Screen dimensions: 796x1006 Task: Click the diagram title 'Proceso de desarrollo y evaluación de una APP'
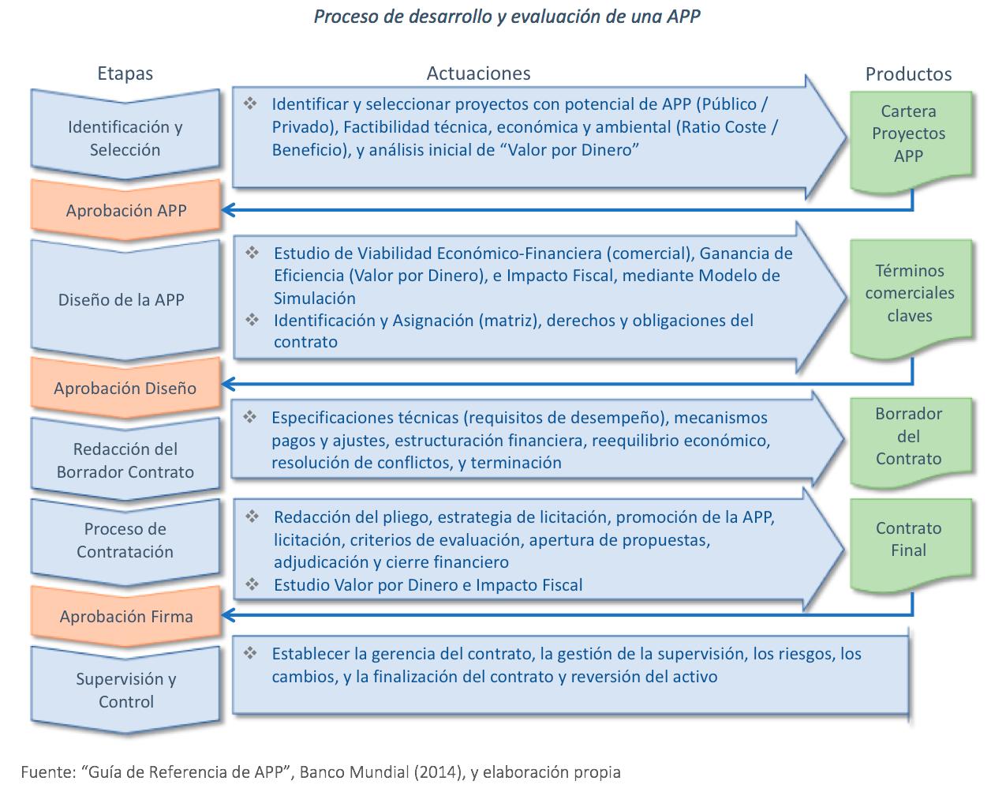(507, 17)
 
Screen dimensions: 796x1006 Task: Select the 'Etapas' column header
(125, 73)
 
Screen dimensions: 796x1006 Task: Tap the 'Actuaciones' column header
(478, 73)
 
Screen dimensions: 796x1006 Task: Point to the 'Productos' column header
(908, 74)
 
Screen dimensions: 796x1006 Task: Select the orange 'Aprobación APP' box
(125, 210)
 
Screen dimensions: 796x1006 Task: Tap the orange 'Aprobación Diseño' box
(125, 388)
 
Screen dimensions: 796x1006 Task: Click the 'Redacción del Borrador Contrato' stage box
(125, 460)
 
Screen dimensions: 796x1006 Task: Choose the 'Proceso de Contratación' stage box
(125, 541)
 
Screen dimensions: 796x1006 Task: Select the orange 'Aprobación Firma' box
(125, 616)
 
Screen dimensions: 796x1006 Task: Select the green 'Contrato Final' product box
(908, 539)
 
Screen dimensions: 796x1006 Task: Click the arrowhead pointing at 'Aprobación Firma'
(229, 614)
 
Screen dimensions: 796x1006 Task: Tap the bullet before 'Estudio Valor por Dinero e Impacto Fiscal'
(252, 584)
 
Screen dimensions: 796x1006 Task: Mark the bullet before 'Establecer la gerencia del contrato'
(251, 654)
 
